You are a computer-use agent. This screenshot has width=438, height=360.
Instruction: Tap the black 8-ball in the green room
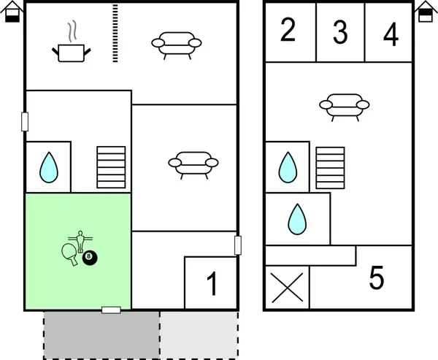(x=90, y=258)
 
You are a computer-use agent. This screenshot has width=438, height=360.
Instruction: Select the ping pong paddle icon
(x=69, y=254)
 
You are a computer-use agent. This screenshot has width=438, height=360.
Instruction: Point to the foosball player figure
(x=80, y=242)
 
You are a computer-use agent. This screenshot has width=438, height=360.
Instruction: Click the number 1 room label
(x=212, y=283)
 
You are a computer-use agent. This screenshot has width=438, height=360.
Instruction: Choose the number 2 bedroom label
(x=288, y=30)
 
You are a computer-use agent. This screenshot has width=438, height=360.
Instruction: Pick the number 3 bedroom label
(x=340, y=32)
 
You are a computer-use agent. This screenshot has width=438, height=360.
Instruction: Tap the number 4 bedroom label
(x=391, y=34)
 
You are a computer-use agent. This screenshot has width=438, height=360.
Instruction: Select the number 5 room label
(x=377, y=277)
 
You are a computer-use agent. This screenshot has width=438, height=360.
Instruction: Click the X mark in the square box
(x=287, y=288)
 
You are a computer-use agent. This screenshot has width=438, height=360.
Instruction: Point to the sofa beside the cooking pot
(x=176, y=45)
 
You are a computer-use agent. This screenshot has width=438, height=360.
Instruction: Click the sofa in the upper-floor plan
(x=345, y=107)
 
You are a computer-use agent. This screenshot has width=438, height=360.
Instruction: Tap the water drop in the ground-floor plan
(x=49, y=167)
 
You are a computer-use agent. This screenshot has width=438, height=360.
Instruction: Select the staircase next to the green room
(x=111, y=167)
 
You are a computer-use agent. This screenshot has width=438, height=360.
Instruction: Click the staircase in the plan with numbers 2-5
(x=330, y=168)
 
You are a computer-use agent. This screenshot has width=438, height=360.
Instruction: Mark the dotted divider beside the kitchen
(x=115, y=33)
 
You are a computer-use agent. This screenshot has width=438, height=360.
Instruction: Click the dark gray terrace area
(x=101, y=335)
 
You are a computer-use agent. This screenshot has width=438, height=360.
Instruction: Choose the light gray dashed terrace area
(x=199, y=335)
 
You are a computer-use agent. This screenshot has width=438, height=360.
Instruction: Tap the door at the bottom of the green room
(x=111, y=310)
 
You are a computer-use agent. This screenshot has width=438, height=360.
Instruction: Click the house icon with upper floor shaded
(x=426, y=11)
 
